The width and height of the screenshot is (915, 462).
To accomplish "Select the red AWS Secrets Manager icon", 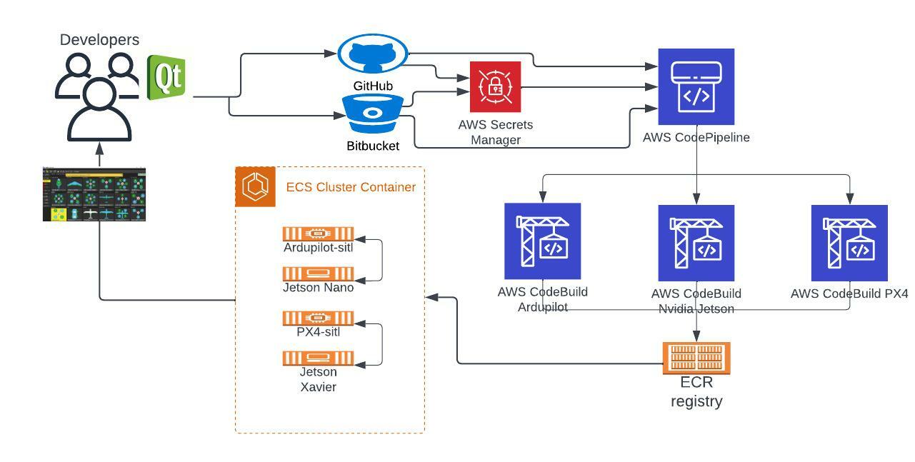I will [x=495, y=86].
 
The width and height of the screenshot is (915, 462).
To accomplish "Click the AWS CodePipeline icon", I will [x=696, y=87].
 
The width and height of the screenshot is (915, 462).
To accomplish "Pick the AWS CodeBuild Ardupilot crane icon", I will [x=542, y=241].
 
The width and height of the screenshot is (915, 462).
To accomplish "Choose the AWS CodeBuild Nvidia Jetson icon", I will [x=696, y=243].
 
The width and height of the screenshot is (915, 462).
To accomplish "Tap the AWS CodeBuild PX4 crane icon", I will [x=849, y=243].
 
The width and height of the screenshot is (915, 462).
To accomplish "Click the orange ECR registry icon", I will [x=696, y=358].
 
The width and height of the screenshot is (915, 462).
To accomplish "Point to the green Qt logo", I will [x=166, y=77].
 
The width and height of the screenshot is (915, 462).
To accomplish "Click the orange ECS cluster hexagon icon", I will [x=255, y=187].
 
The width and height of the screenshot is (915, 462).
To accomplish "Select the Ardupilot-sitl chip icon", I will [x=318, y=233].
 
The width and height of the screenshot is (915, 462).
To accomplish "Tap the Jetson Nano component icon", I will [x=318, y=273].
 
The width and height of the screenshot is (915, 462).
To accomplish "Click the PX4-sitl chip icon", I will [x=318, y=318].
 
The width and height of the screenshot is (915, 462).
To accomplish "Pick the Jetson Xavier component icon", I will [x=318, y=358].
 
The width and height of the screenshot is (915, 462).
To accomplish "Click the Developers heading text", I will [x=99, y=40].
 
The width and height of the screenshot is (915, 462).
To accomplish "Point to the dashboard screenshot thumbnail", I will [x=94, y=194].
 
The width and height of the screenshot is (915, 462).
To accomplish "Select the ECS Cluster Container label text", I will [x=351, y=187].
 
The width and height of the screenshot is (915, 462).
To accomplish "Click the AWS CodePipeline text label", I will [x=696, y=137].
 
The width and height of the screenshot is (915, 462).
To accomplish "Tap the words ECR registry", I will [x=696, y=391].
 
